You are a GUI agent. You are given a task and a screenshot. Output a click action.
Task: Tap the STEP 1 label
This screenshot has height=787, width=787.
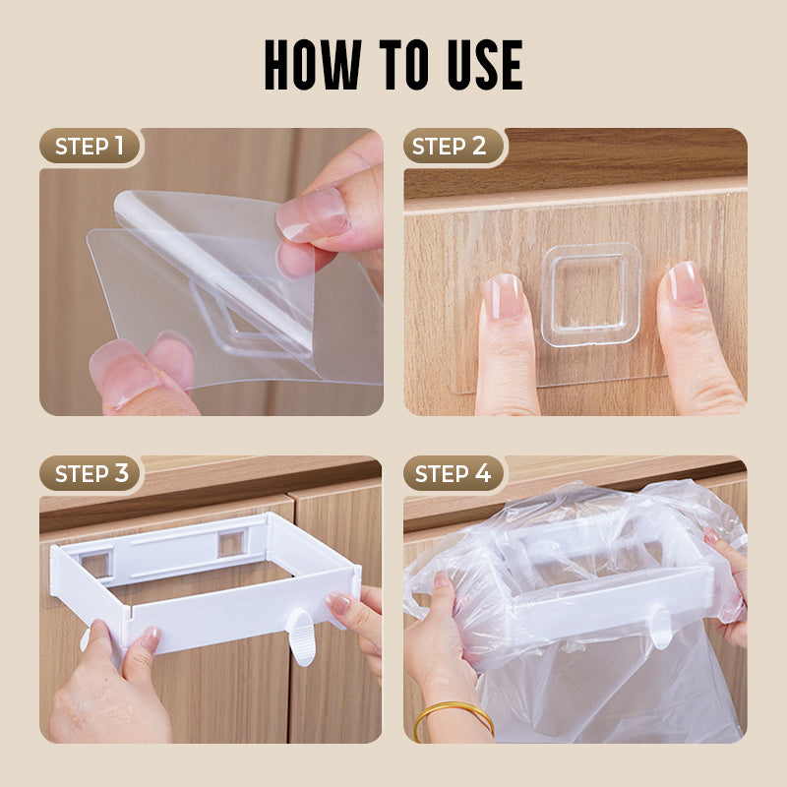click(89, 147)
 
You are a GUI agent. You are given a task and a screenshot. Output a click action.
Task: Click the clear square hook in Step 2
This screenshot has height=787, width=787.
click(590, 294)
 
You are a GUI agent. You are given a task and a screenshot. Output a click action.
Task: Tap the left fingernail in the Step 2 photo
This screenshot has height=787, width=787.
click(503, 295)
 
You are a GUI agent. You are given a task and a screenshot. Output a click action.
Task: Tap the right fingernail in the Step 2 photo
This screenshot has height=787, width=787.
click(685, 283)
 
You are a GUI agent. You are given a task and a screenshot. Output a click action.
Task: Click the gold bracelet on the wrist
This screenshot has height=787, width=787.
click(453, 713)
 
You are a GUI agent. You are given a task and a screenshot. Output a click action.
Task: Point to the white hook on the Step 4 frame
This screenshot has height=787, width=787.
click(661, 627)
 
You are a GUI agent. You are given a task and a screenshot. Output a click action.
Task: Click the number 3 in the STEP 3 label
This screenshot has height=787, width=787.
click(120, 473)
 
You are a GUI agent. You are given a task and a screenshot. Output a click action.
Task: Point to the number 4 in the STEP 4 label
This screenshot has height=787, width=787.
click(482, 473)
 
